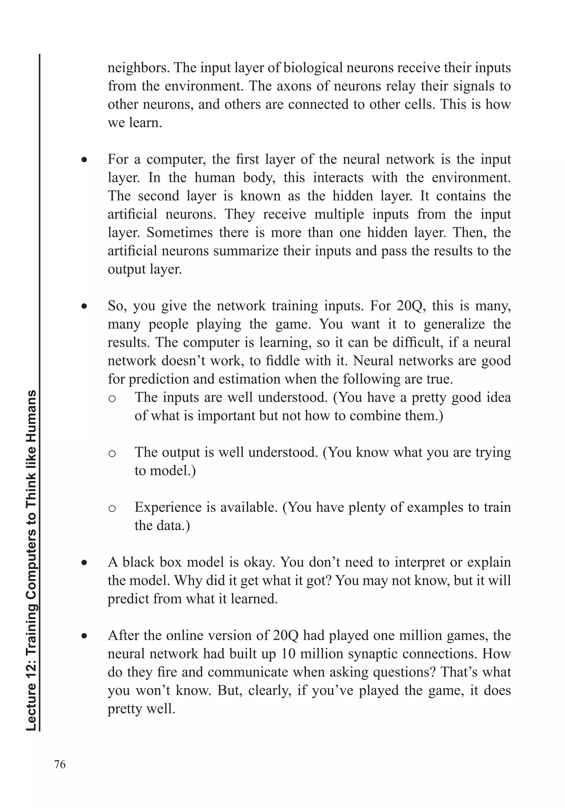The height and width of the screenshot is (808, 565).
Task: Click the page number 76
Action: (x=60, y=764)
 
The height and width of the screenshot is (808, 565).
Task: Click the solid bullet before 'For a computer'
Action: (x=84, y=160)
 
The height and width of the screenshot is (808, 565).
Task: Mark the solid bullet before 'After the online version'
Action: (x=84, y=636)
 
